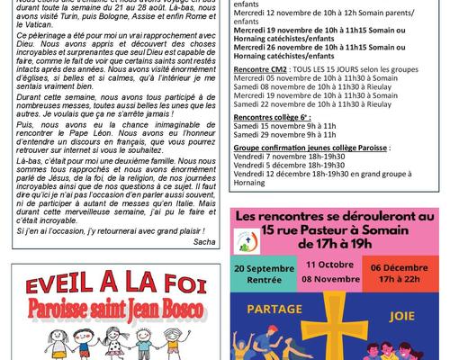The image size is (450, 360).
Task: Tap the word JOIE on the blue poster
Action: pyautogui.click(x=404, y=317)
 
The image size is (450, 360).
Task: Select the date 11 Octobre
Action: pyautogui.click(x=335, y=264)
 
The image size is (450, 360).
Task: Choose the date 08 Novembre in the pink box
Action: pyautogui.click(x=335, y=281)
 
